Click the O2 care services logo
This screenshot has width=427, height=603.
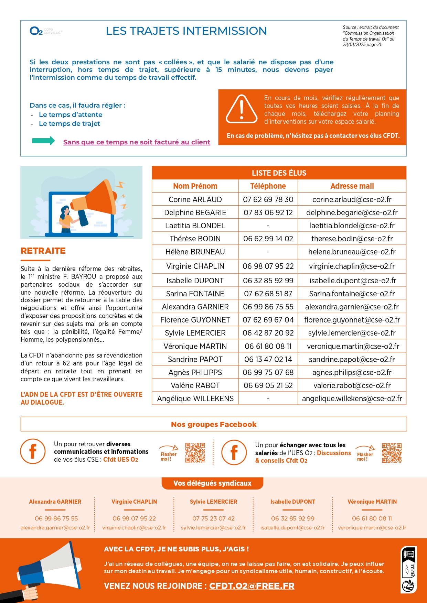(x=46, y=31)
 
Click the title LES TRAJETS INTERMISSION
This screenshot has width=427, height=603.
(x=186, y=31)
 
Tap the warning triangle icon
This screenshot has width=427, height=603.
(x=242, y=109)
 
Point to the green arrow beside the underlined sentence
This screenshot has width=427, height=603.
(x=43, y=141)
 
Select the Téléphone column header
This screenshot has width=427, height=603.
(x=268, y=186)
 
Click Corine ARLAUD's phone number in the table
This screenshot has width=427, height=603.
(x=268, y=199)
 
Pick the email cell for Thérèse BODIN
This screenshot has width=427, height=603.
(x=352, y=239)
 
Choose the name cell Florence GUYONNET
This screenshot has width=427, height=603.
(x=195, y=320)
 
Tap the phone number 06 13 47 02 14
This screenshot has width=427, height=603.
(x=268, y=359)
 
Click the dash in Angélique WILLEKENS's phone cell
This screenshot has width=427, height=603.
(x=268, y=398)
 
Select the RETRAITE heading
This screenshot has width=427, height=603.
(x=43, y=251)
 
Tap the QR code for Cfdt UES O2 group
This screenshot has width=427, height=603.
(x=195, y=452)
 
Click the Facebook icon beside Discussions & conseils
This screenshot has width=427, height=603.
(x=234, y=452)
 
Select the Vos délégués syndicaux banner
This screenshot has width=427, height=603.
(x=212, y=483)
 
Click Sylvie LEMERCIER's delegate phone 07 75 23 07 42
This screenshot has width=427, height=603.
(x=213, y=518)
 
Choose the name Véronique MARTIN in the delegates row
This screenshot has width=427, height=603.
(x=372, y=502)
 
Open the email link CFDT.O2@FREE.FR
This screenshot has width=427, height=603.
(x=252, y=586)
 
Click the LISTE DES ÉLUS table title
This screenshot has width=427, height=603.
(x=279, y=173)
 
